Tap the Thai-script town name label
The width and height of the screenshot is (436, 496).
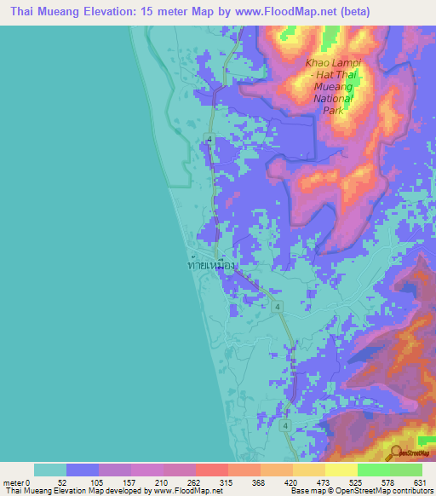tap(211, 266)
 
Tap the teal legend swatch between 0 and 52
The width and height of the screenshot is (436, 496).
tap(50, 470)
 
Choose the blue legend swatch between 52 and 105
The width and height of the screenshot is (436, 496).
tap(83, 470)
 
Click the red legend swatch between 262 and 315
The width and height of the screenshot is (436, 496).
tap(212, 470)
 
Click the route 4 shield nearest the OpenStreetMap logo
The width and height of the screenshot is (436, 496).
tap(286, 424)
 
